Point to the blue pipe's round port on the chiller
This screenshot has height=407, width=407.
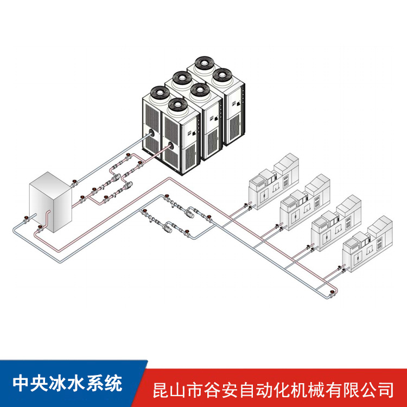point(151,133)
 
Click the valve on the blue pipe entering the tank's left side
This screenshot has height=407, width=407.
point(26,220)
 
